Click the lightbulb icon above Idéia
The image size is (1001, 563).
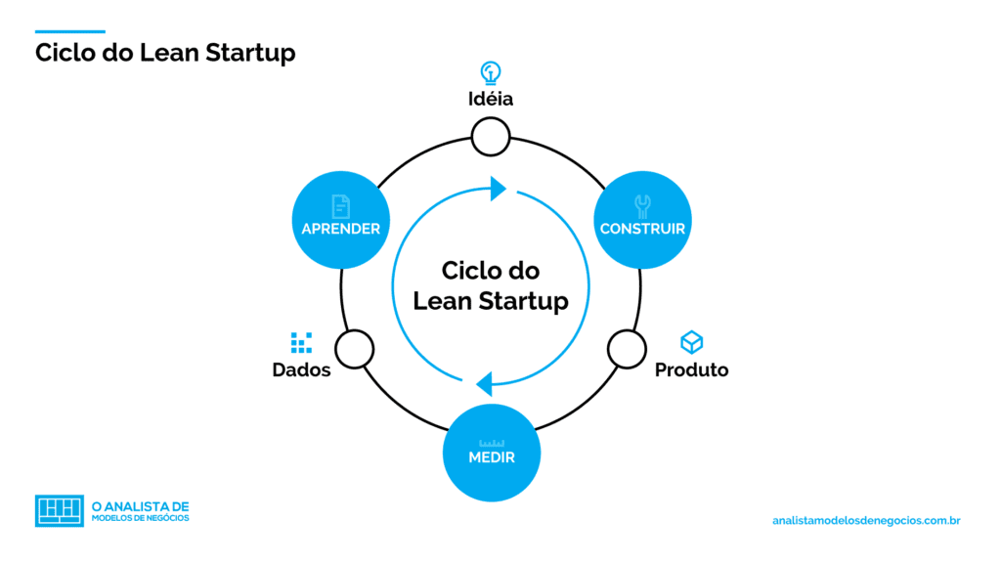click(x=490, y=72)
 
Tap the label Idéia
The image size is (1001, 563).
click(x=490, y=99)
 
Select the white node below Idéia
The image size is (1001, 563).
click(x=490, y=137)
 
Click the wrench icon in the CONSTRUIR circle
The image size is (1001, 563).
click(x=642, y=205)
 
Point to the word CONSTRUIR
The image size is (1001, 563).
click(x=642, y=229)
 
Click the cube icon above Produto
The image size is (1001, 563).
click(x=691, y=342)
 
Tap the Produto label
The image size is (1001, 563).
click(x=691, y=370)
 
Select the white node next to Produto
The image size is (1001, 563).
click(x=627, y=348)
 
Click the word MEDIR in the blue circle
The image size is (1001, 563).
click(x=491, y=457)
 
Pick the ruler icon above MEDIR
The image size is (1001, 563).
click(x=491, y=443)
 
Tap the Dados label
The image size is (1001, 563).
click(x=301, y=370)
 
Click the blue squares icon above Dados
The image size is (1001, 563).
click(x=301, y=342)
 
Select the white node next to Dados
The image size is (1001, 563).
click(x=355, y=348)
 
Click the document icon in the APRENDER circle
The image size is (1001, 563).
click(x=340, y=205)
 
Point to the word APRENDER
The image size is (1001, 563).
click(x=340, y=229)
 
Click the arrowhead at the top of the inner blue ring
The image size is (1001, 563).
click(x=499, y=188)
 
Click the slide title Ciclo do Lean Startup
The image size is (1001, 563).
click(x=165, y=52)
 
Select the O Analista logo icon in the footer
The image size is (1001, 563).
click(x=60, y=510)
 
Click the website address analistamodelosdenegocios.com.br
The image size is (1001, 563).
click(x=866, y=521)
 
